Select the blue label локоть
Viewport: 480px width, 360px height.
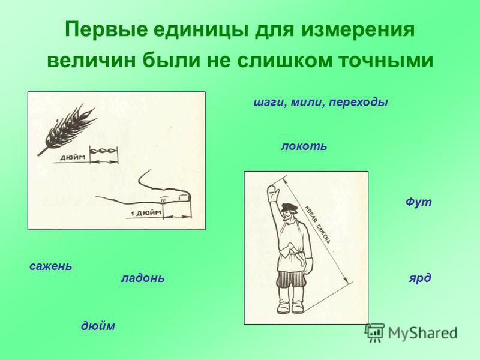tap(304, 146)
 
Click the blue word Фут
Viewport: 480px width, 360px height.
tap(418, 202)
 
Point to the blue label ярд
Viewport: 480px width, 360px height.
tap(420, 278)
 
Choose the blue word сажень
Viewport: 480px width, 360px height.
tap(51, 266)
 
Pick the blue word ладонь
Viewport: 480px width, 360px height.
tap(143, 278)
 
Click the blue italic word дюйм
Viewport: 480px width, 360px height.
tap(98, 325)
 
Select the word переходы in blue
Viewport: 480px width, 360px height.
tap(358, 102)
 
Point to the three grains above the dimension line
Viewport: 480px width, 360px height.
tap(103, 151)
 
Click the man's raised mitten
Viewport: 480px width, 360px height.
tap(273, 193)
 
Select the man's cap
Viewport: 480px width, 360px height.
tap(289, 206)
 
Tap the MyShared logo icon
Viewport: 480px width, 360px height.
tap(374, 332)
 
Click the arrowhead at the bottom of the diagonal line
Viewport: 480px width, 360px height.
tap(346, 280)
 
